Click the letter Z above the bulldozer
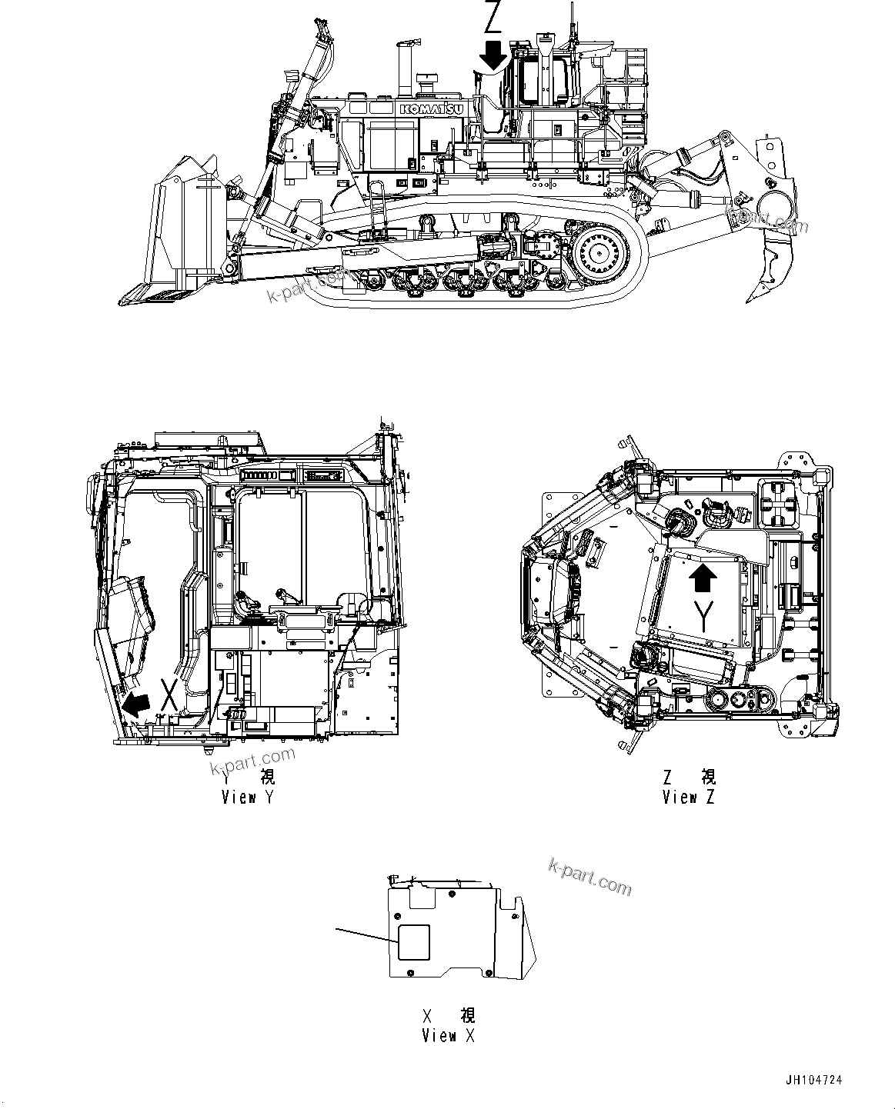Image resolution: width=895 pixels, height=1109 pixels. [492, 17]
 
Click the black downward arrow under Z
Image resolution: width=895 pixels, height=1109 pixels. [492, 56]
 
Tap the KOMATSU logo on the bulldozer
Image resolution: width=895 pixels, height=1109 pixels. [431, 110]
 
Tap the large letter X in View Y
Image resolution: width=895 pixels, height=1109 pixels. [170, 694]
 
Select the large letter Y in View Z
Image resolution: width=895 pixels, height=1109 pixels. [702, 616]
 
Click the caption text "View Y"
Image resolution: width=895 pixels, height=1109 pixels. [247, 797]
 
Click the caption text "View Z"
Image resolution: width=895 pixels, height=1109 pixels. [688, 797]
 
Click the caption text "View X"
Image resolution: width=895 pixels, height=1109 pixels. [448, 1035]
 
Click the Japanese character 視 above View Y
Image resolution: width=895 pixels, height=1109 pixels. [267, 778]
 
